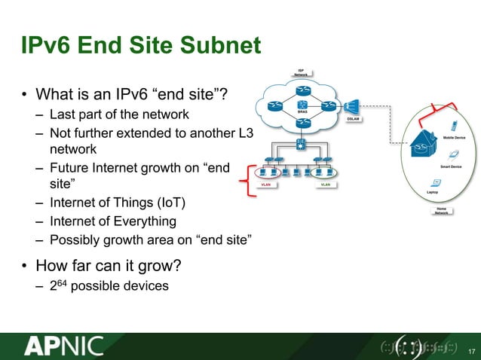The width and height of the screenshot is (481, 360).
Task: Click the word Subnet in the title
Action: pos(215,47)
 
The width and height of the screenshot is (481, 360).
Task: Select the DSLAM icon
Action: pos(353,108)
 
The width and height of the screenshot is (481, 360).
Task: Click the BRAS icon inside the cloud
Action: pos(302,105)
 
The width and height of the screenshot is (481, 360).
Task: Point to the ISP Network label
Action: pos(301,73)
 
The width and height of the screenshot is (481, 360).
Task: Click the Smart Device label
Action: pos(451,165)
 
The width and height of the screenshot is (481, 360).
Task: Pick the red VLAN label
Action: pos(266,183)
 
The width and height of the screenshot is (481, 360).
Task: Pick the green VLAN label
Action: pos(325,183)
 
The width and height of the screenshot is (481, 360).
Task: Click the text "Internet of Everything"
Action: pos(112,221)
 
